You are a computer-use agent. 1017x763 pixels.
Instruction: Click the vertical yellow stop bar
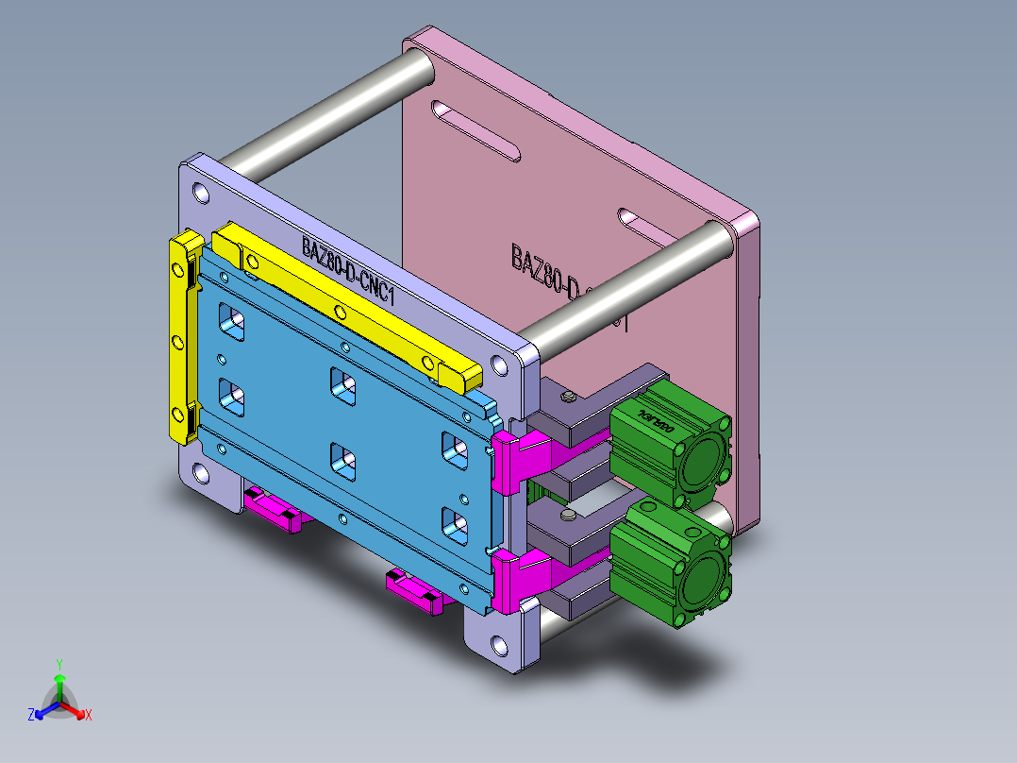[179, 340]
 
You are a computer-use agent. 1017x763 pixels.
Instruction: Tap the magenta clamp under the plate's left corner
[274, 510]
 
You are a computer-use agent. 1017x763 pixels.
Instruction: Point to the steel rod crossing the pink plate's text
[623, 279]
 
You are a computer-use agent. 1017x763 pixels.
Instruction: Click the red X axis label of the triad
[89, 715]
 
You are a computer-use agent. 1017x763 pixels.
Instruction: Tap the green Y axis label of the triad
[58, 663]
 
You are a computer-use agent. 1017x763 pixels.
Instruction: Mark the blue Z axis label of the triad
[31, 715]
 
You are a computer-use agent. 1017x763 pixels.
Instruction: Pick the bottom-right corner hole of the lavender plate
[497, 647]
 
